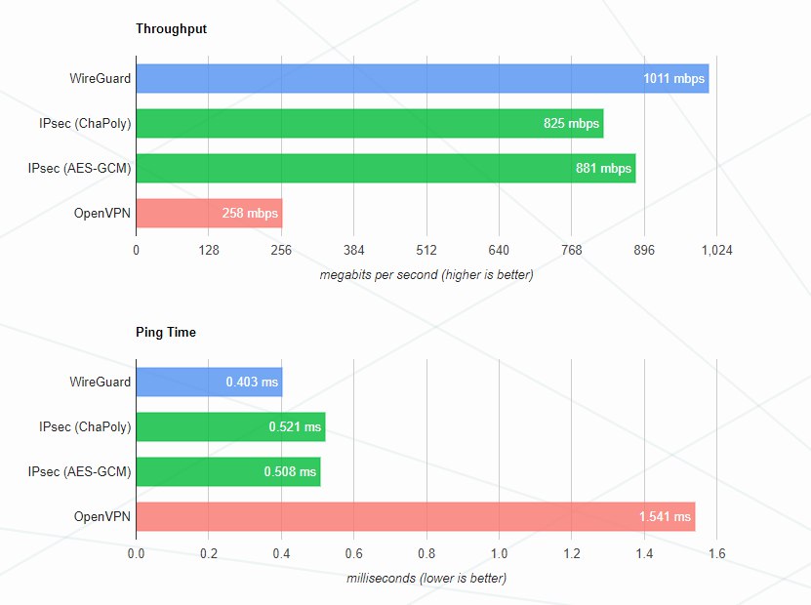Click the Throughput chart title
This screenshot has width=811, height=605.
(x=171, y=29)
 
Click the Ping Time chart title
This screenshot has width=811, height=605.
(x=166, y=333)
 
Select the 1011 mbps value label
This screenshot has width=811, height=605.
(x=673, y=79)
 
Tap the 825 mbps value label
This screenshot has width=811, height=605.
(x=571, y=124)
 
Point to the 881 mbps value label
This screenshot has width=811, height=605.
(x=603, y=169)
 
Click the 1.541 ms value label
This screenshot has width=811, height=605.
(x=663, y=517)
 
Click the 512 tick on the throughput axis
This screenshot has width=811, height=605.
(x=426, y=251)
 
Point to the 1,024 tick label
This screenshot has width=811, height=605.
(x=716, y=251)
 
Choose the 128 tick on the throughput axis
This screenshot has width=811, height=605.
(x=209, y=251)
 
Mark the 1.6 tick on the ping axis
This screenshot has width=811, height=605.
(x=716, y=554)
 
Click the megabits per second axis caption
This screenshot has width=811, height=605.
(x=426, y=275)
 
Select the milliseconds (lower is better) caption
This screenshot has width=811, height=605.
(x=426, y=579)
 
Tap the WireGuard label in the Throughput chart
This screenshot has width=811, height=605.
(x=101, y=79)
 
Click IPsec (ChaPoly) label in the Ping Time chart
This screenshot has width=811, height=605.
(x=85, y=427)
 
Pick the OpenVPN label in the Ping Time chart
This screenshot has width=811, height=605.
(x=102, y=517)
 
